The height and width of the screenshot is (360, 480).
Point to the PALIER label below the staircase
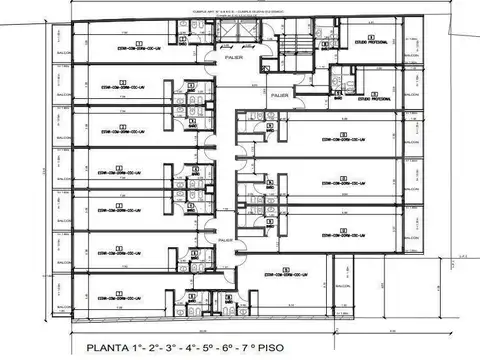(280, 97)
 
